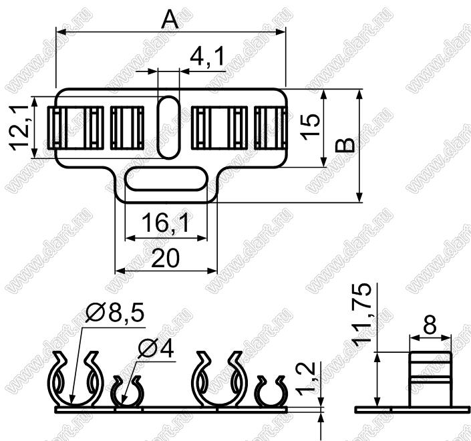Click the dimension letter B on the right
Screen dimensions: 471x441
click(345, 146)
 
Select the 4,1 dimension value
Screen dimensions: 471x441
click(207, 57)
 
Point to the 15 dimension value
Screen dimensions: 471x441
click(311, 126)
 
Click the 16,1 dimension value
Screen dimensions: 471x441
click(166, 223)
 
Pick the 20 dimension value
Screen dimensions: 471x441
click(166, 258)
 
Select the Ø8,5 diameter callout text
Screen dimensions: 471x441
click(114, 312)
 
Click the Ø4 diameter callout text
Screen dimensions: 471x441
click(156, 349)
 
